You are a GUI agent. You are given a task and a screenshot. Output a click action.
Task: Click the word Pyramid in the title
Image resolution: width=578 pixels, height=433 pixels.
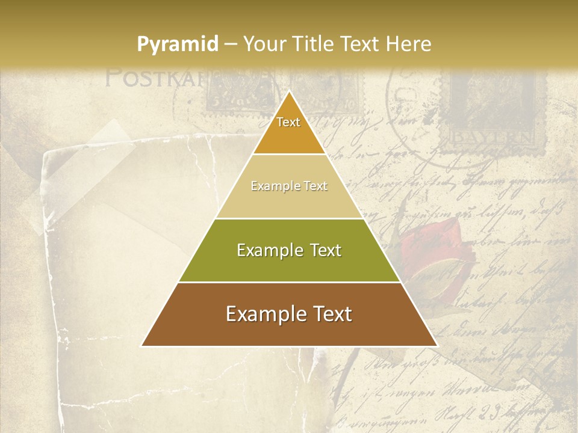tap(177, 45)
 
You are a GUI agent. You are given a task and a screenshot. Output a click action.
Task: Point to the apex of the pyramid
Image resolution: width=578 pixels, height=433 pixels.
tap(289, 92)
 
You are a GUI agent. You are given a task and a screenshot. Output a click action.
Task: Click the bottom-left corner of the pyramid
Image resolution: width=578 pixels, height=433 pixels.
tap(143, 345)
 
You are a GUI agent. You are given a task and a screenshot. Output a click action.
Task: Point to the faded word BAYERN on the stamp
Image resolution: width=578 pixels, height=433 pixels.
tap(492, 138)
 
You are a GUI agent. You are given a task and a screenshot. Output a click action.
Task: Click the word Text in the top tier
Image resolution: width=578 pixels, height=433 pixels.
tap(288, 122)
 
